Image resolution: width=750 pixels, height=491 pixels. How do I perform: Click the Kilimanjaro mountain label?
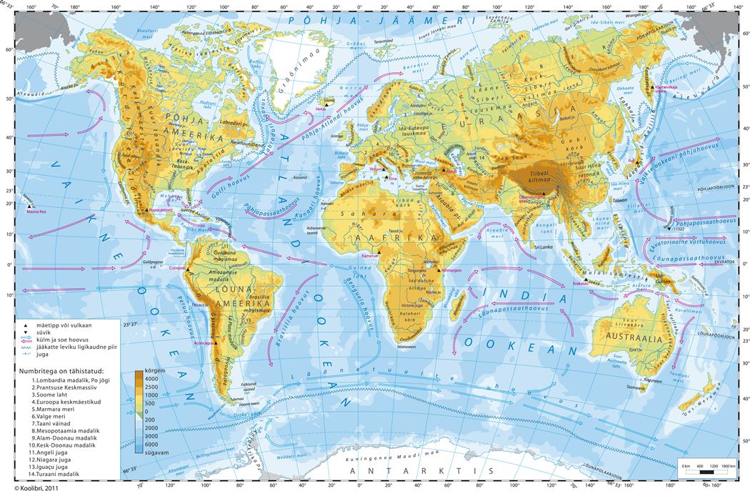coord(454,272)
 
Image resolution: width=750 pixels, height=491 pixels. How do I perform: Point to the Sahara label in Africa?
coord(358,214)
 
